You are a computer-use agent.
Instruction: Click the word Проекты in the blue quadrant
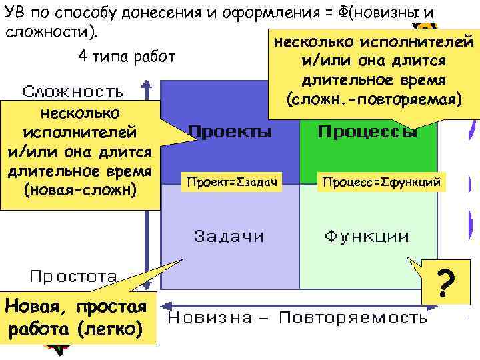(229, 131)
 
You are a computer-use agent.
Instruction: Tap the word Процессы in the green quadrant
(367, 131)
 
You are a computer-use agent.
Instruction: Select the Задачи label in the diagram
(229, 236)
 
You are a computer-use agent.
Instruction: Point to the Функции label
(367, 236)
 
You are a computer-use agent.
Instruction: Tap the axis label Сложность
(73, 91)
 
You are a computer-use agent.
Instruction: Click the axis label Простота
(73, 275)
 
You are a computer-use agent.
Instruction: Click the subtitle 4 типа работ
(126, 56)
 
